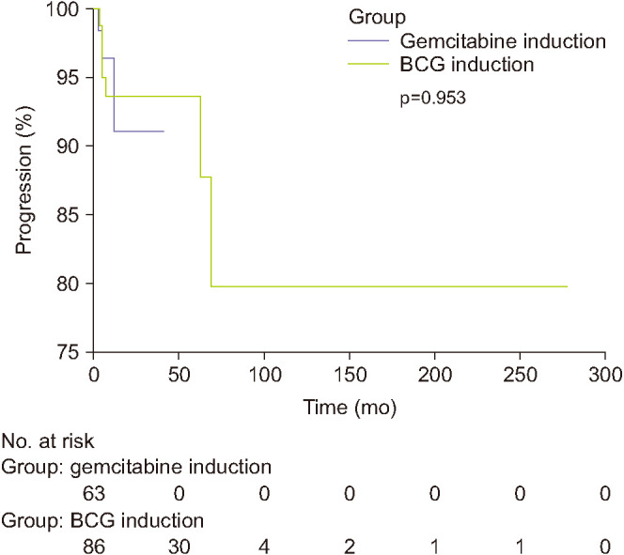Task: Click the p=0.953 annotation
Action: point(432,98)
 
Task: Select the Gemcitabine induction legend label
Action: point(503,41)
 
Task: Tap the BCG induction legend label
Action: point(467,65)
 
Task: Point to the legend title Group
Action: point(377,18)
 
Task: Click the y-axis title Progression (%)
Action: point(23,179)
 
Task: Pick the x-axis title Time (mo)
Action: point(350,408)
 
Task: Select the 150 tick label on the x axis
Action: point(350,375)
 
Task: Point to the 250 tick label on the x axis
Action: point(520,375)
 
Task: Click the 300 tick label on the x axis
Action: point(605,375)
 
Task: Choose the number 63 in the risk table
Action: point(94,494)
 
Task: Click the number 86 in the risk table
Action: point(94,547)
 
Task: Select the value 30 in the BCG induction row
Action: point(179,547)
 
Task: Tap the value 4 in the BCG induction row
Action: point(264,547)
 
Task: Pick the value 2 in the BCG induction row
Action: point(350,547)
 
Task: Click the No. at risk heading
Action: point(48,440)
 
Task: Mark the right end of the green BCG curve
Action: point(567,286)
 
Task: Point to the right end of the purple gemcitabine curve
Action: point(164,131)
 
